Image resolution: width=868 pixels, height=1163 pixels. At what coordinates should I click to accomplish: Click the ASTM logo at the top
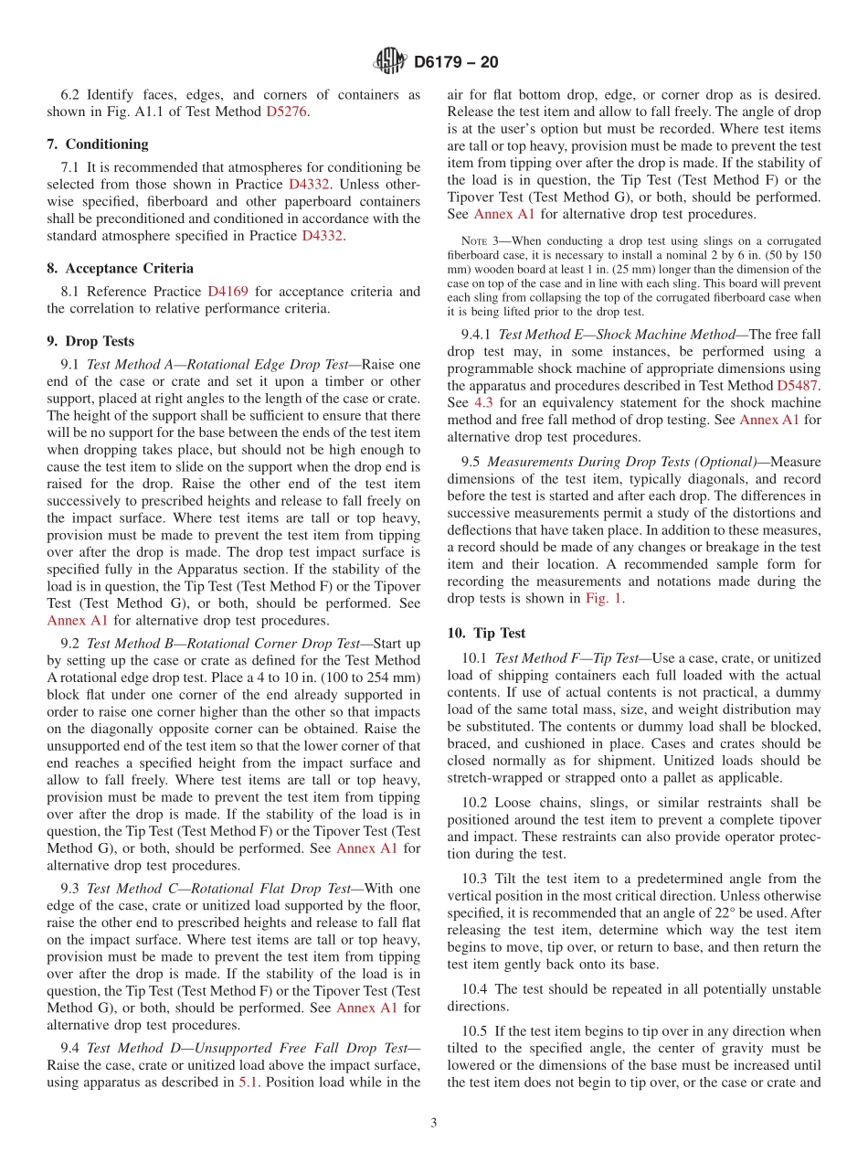390,61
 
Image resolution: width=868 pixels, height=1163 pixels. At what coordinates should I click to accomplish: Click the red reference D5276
287,112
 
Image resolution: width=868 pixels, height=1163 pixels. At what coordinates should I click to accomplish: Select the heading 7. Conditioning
98,144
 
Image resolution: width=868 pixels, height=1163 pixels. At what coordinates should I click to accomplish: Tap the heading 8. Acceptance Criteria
120,268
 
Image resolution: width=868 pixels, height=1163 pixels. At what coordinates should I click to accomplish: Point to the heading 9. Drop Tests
90,341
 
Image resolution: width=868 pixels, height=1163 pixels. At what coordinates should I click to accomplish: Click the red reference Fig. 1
605,598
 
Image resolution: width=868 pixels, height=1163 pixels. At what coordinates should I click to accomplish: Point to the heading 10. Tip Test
486,633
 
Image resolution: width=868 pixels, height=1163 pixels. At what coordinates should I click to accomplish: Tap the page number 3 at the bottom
434,1123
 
